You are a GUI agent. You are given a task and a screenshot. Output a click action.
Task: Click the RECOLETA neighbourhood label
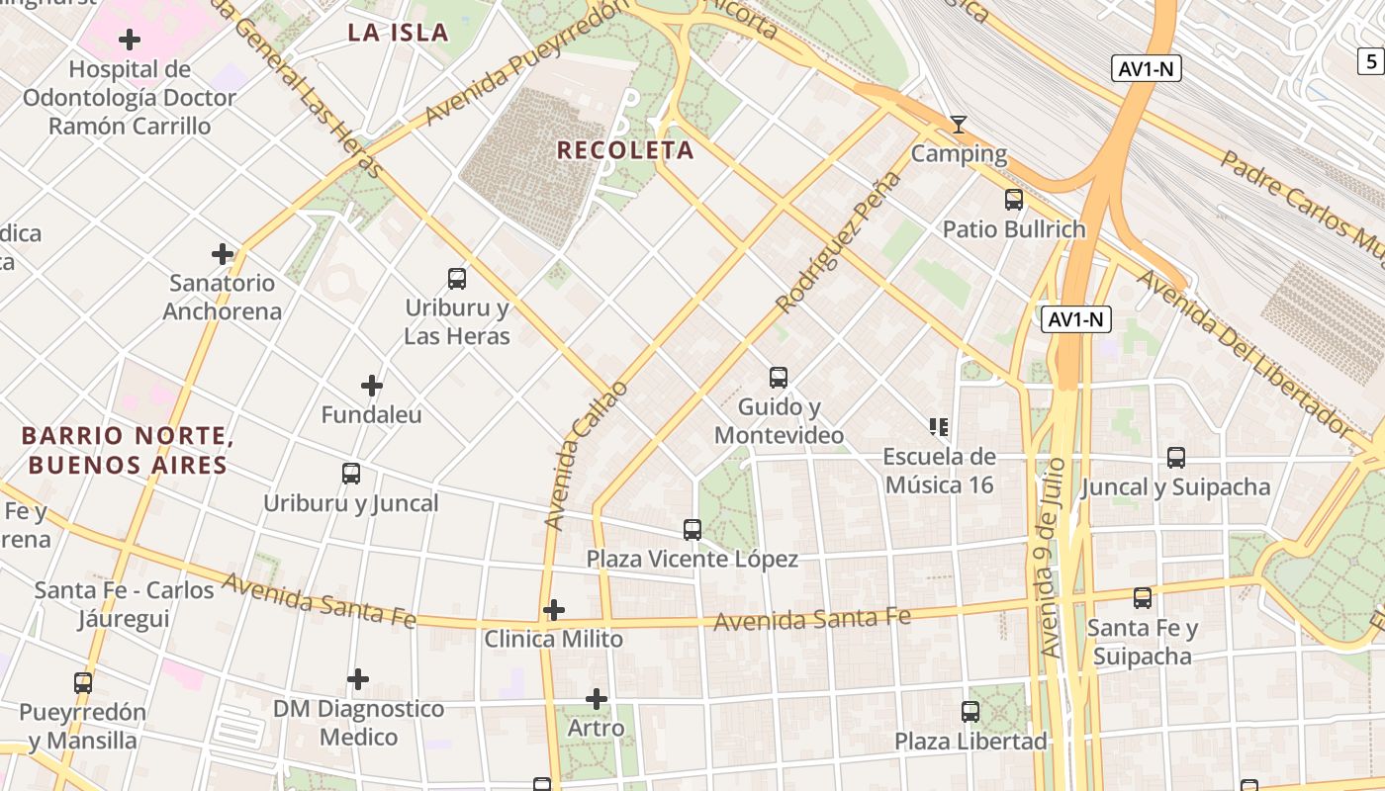coord(625,150)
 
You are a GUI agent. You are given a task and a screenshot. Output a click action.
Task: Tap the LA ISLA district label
coord(398,33)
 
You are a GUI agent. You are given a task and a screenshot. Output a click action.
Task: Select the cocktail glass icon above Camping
coord(958,125)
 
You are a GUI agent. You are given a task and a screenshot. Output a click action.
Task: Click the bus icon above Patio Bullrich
coord(1014,200)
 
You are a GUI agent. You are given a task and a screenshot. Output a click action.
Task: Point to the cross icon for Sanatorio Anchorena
coord(223,254)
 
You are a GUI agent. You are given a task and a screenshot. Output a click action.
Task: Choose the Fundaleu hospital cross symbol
coord(372,386)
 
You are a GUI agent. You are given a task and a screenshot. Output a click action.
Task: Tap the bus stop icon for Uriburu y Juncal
coord(351,474)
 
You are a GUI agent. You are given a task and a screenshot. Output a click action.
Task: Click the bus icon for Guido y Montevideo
coord(779,378)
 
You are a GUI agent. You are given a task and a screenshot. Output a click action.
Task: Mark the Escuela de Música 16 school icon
coord(939,427)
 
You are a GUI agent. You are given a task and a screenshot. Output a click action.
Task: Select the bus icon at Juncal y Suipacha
coord(1175,458)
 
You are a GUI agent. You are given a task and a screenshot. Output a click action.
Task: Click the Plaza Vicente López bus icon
coord(692,530)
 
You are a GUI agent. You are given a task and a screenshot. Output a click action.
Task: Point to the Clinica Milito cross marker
coord(554,610)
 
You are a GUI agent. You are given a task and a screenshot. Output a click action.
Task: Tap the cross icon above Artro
coord(596,699)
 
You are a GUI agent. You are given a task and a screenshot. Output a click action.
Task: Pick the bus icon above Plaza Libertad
coord(970,712)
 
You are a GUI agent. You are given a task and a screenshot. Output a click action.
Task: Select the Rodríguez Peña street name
coord(840,242)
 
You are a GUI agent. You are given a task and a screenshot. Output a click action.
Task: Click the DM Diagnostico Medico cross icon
coord(358,679)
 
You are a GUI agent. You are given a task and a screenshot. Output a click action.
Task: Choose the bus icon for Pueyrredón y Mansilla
coord(83,682)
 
